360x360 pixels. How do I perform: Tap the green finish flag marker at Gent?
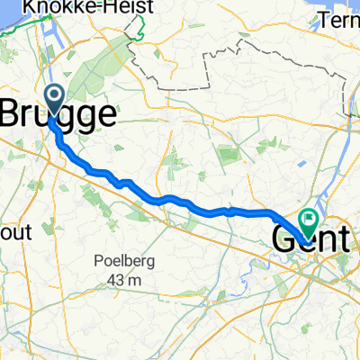coord(309,217)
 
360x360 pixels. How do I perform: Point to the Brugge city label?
coord(61,113)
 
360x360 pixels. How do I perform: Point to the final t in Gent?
coord(340,238)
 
